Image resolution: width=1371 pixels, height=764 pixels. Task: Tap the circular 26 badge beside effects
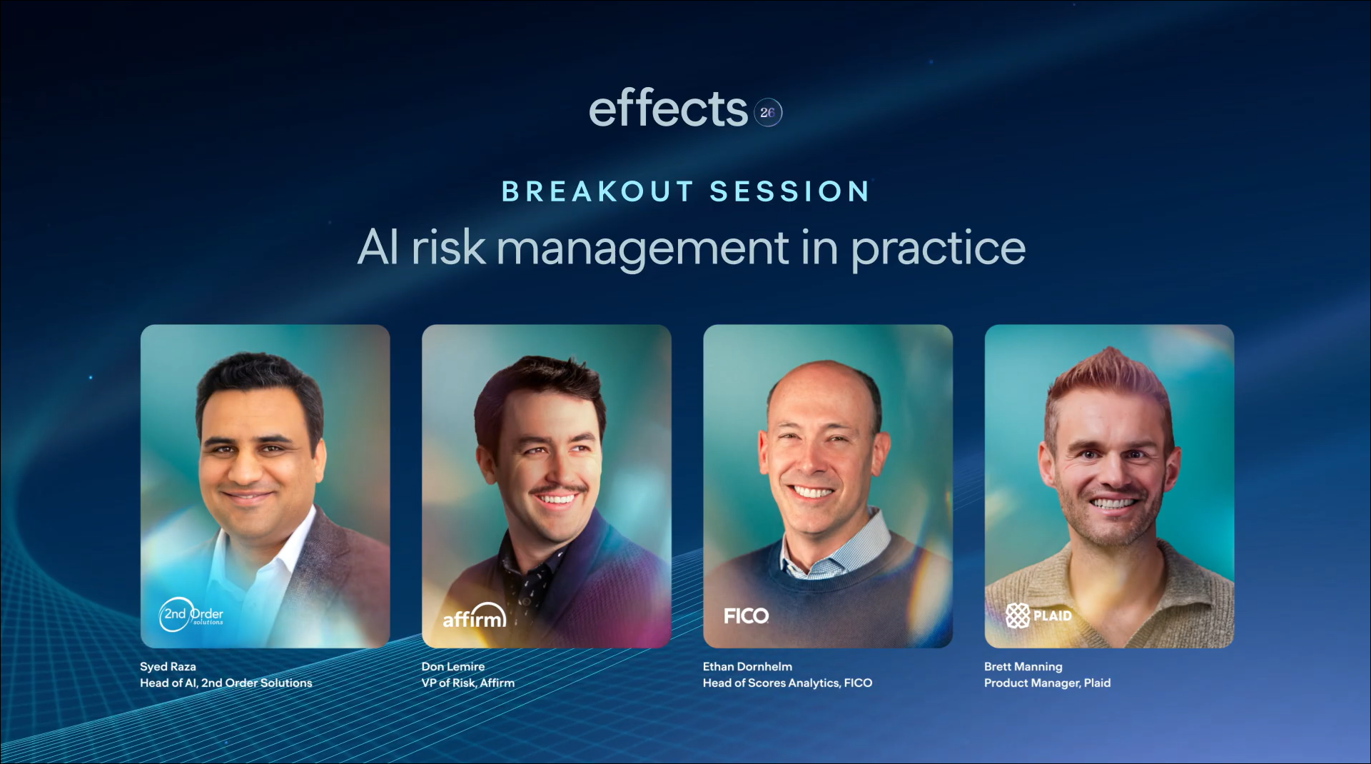click(x=768, y=112)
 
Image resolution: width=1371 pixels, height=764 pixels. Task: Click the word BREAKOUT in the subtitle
click(x=597, y=191)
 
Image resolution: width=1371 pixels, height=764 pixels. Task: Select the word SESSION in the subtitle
click(x=789, y=191)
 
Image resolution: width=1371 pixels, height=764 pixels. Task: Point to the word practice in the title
click(x=938, y=248)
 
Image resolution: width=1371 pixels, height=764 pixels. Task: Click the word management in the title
click(x=642, y=248)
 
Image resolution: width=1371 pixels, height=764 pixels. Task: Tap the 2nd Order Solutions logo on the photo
click(x=191, y=614)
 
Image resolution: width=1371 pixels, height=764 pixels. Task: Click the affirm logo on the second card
click(x=475, y=616)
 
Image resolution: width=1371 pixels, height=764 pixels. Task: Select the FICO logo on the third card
click(x=747, y=615)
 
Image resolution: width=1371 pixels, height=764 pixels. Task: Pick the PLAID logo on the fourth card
click(x=1038, y=615)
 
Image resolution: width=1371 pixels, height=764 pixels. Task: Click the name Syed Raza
click(x=168, y=666)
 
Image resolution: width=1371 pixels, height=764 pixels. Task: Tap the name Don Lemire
click(x=453, y=666)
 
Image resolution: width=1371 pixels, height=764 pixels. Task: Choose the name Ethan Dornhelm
click(x=747, y=666)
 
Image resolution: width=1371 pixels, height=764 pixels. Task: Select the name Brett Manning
click(x=1023, y=666)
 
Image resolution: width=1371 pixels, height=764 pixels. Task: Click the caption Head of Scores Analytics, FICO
click(x=787, y=683)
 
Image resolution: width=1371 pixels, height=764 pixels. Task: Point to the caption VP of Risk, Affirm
click(x=467, y=683)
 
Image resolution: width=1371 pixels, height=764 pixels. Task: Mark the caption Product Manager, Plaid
click(x=1047, y=683)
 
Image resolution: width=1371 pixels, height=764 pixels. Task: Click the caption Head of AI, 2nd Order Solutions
click(x=226, y=683)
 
